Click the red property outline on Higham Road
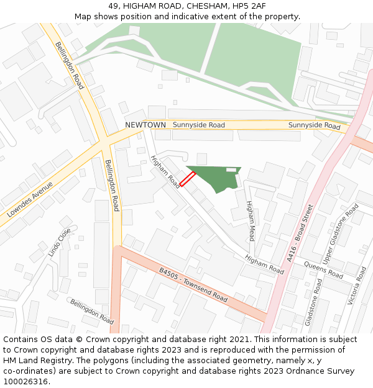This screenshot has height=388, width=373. (x=188, y=179)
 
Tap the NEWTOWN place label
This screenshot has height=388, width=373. (x=145, y=125)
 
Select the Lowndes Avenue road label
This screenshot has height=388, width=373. (x=30, y=199)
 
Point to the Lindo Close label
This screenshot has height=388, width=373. (x=60, y=243)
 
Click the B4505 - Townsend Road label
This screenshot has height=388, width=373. (x=193, y=285)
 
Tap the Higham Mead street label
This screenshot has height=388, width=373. (x=251, y=221)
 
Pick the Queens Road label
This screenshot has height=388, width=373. (x=323, y=269)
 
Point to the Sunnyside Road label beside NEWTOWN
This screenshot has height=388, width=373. (x=199, y=125)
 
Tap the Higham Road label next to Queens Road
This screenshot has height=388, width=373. (x=264, y=265)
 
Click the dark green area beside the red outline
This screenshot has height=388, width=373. (x=214, y=176)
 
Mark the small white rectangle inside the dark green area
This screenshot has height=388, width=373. (x=231, y=169)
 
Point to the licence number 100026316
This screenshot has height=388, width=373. (x=26, y=382)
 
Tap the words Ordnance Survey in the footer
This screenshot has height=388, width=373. (x=324, y=371)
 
